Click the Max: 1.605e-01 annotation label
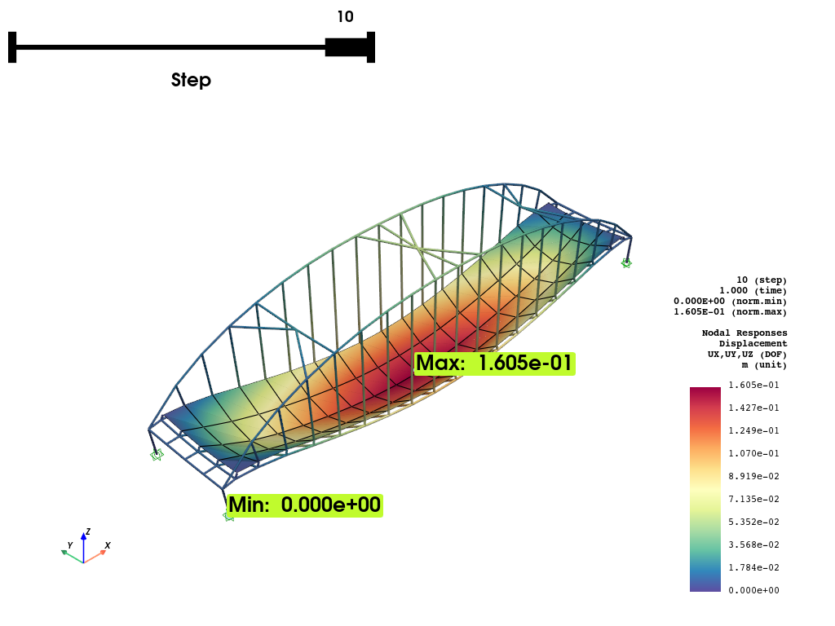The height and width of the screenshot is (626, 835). click(x=495, y=364)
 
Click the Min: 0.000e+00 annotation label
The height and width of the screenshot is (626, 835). click(x=305, y=505)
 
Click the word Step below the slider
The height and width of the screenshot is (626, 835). click(x=191, y=80)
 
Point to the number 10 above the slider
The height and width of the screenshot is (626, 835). click(x=346, y=16)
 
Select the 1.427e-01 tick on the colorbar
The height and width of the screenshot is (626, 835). click(x=753, y=408)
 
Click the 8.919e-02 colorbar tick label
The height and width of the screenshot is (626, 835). click(x=753, y=476)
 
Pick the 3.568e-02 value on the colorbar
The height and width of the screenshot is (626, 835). click(x=753, y=544)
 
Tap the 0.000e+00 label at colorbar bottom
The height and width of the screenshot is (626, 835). click(x=753, y=590)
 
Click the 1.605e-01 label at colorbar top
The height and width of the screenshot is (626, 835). click(x=753, y=385)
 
